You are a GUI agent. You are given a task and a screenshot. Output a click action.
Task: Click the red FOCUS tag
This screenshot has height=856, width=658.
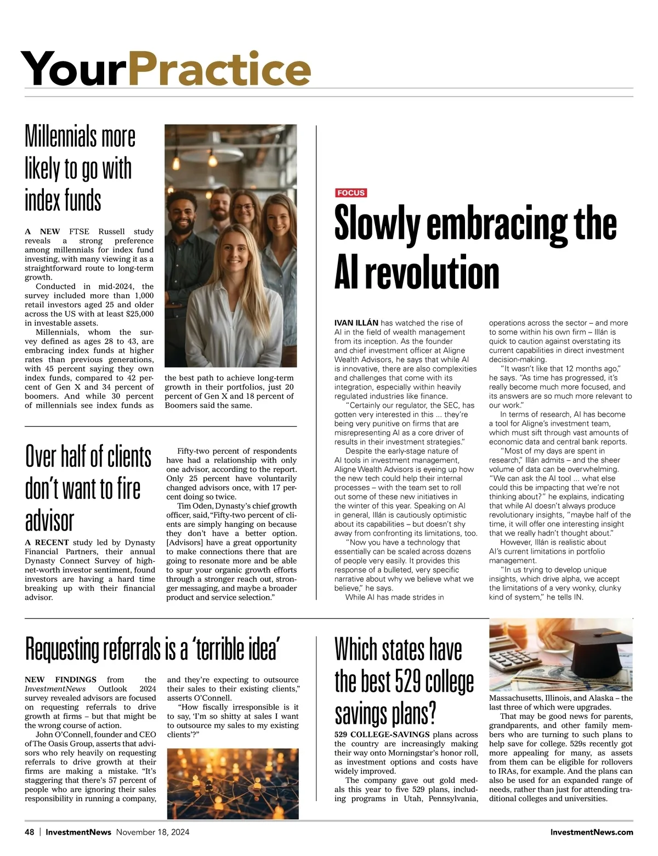click(350, 193)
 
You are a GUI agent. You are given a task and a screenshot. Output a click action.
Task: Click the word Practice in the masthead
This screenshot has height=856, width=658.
click(219, 69)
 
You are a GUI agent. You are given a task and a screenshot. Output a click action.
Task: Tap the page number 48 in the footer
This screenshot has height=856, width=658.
click(30, 832)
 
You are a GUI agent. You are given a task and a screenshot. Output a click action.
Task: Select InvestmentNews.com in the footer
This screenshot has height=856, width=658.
click(591, 832)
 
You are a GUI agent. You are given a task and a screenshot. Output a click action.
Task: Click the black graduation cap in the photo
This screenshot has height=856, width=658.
click(597, 648)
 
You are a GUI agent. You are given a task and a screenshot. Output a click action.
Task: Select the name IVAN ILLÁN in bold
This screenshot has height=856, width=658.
click(356, 323)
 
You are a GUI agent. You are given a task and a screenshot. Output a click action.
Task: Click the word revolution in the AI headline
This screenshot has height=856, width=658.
click(432, 273)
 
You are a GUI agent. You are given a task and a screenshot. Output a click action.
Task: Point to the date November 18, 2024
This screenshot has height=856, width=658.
click(152, 832)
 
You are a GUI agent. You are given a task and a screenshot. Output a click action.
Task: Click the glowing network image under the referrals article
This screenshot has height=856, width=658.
click(233, 783)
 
